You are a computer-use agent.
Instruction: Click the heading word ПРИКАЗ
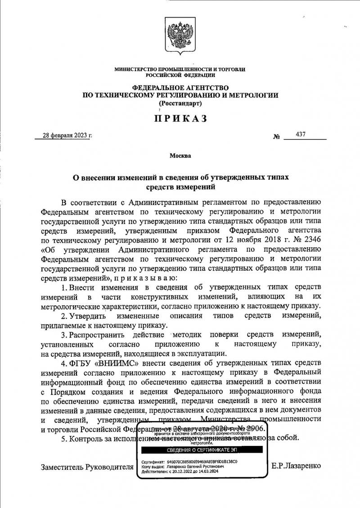(180, 118)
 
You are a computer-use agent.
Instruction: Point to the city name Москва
(180, 156)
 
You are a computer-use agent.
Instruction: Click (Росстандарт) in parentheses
(180, 103)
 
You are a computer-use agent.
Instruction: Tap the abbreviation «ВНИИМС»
(104, 363)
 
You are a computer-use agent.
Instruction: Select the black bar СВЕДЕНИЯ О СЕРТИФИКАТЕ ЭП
(202, 450)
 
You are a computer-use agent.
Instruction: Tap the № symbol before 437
(276, 136)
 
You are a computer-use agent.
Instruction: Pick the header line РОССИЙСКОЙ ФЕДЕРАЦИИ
(180, 75)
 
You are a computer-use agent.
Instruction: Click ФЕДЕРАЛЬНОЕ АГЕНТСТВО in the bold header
(180, 87)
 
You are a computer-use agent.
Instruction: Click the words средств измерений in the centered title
(180, 186)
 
